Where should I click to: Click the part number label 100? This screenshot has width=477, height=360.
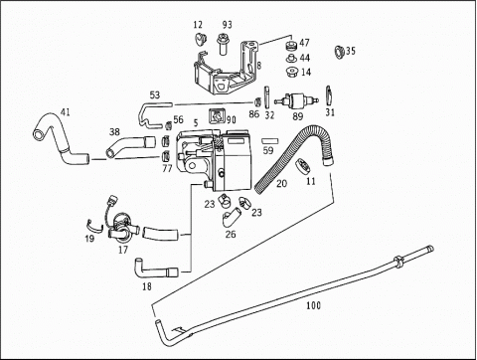(313, 305)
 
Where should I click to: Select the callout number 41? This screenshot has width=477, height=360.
(65, 112)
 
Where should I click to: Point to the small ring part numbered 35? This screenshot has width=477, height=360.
(339, 52)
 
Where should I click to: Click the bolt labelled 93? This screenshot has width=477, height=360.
(224, 44)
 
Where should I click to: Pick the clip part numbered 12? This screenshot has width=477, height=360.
(199, 39)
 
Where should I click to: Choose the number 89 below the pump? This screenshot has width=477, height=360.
(298, 116)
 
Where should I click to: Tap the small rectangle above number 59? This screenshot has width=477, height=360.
(270, 141)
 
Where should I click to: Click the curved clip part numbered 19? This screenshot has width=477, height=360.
(95, 228)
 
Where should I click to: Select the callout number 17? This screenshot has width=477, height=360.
(123, 250)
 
